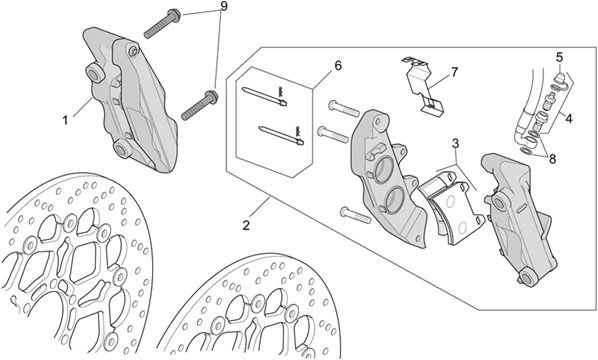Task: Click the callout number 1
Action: [65, 121]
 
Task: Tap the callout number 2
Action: [246, 225]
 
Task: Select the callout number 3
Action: [455, 144]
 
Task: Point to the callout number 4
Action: [569, 119]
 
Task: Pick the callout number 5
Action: [559, 58]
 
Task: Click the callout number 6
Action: [338, 66]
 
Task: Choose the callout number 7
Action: [454, 72]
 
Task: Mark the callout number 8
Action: [553, 158]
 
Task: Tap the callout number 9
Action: [223, 6]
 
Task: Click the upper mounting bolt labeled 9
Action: [162, 23]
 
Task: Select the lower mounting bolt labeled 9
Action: [199, 105]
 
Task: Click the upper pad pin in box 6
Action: [264, 96]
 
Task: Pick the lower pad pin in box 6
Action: [281, 135]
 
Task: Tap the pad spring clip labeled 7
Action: [423, 84]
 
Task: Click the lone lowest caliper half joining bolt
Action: [355, 215]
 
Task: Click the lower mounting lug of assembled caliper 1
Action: [123, 148]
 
